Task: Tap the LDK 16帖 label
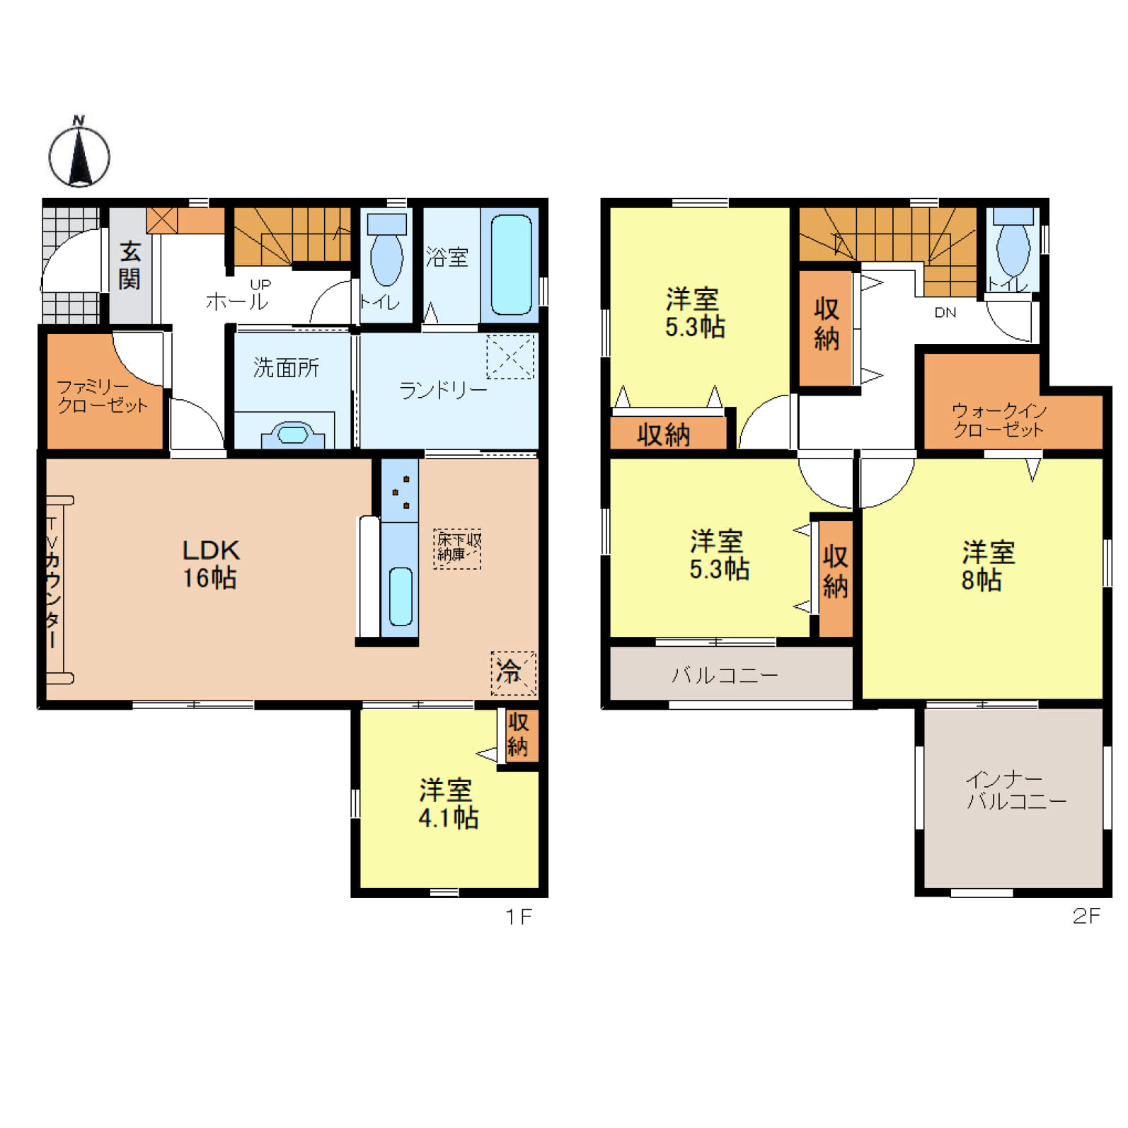211,564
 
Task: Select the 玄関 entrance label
130,265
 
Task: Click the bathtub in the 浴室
511,265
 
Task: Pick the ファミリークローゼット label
103,396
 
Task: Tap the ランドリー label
443,390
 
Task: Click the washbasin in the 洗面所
292,434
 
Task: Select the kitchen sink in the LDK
401,597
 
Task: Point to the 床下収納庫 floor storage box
458,548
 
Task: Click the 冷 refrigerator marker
514,672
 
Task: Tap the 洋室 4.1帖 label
448,804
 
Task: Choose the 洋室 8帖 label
988,565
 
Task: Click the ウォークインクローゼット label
998,420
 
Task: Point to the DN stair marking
945,312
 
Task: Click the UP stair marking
260,284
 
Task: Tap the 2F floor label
1086,916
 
